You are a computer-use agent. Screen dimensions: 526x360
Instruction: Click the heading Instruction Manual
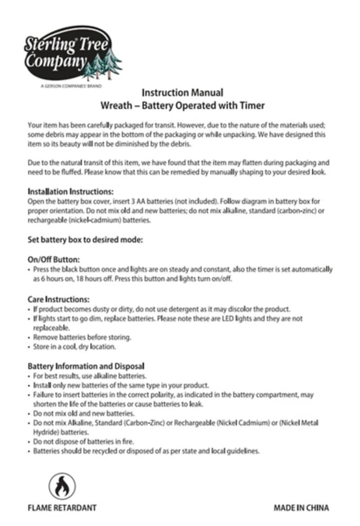(x=182, y=93)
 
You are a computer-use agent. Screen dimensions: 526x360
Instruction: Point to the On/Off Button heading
(x=54, y=260)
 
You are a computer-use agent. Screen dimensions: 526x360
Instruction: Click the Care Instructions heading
(x=58, y=299)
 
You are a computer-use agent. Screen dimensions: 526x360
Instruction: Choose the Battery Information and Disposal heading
(x=86, y=367)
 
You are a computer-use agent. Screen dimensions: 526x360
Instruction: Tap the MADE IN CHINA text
(x=301, y=508)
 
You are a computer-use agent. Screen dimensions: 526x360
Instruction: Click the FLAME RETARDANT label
(x=62, y=508)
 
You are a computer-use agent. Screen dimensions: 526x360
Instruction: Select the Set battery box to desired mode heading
(x=85, y=240)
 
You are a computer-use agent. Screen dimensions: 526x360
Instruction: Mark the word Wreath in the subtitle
(x=114, y=106)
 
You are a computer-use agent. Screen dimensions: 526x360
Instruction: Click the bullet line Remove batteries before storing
(x=82, y=337)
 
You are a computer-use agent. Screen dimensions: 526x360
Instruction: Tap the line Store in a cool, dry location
(x=74, y=347)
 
